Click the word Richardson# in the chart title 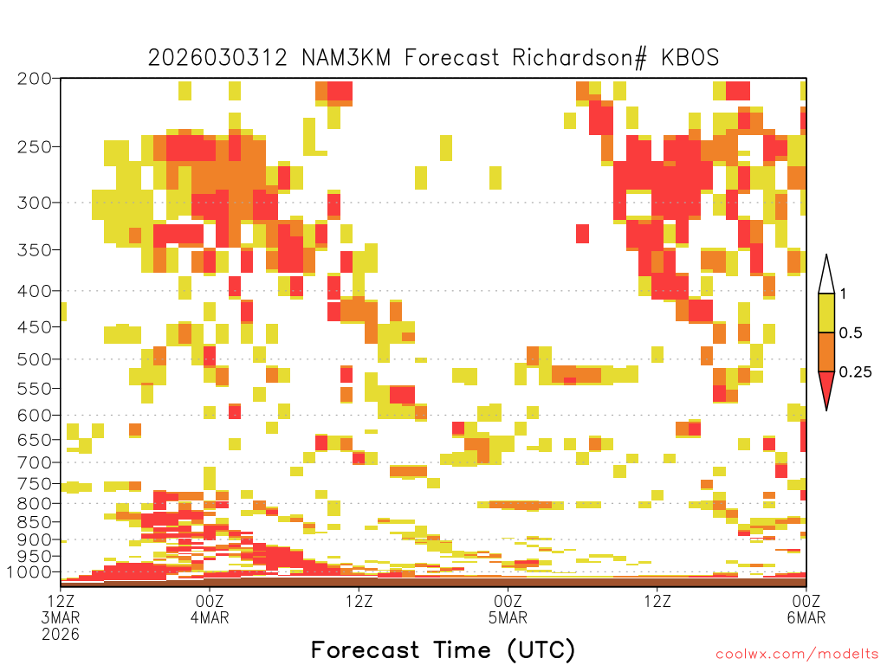tap(579, 58)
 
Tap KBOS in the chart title tap(690, 58)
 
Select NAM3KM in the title tap(346, 58)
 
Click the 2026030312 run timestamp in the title tap(217, 58)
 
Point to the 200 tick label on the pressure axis tap(34, 79)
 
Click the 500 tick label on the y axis tap(34, 359)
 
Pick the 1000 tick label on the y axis tap(29, 572)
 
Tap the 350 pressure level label tap(34, 250)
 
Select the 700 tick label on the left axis tap(34, 462)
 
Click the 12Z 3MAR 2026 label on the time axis tap(61, 617)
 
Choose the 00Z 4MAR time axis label tap(210, 609)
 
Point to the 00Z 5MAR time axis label tap(508, 609)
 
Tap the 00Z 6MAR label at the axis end tap(806, 609)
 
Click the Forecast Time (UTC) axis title tap(443, 650)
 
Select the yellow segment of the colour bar tap(826, 313)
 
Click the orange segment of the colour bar tap(826, 352)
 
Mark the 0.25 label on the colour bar tap(855, 372)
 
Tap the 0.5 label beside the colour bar tap(851, 333)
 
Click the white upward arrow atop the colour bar tap(826, 274)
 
